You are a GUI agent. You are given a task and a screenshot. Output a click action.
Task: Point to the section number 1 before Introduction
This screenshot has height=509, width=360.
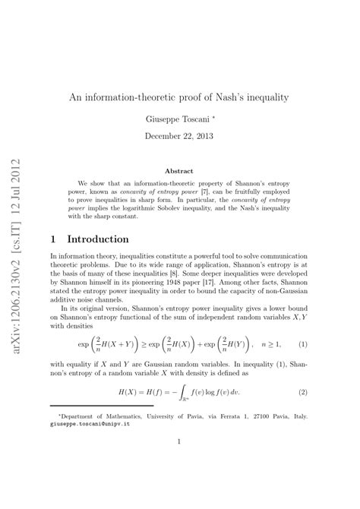tap(53, 239)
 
